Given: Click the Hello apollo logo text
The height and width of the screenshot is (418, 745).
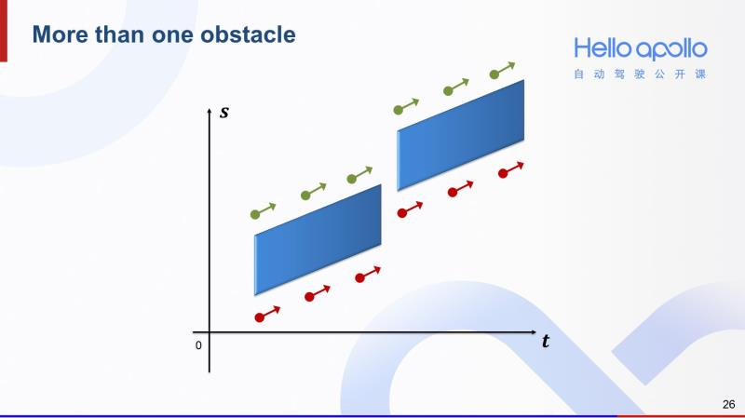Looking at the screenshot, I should point(640,49).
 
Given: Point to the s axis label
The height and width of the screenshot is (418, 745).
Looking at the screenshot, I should point(223,114).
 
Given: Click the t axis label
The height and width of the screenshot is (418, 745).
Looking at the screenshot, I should point(545,342).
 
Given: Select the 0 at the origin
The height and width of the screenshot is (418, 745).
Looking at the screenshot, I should point(198,345).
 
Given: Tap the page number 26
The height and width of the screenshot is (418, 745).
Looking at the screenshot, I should point(728,404).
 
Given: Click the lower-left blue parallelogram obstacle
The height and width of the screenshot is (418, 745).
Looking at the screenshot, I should point(318,238).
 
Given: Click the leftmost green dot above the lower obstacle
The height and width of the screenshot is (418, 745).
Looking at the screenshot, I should point(255,214).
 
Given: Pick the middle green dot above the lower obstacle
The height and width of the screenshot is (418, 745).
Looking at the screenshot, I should point(305,196).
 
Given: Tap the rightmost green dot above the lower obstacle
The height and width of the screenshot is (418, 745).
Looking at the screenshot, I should point(352,179).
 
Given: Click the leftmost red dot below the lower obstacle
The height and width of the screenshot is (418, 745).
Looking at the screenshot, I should point(260,317).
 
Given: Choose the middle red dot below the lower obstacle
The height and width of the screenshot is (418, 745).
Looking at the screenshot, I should point(310,298).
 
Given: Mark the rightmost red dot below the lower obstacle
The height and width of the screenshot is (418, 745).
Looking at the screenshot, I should point(359,277).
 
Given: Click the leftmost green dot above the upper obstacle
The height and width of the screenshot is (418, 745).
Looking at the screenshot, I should point(399,110).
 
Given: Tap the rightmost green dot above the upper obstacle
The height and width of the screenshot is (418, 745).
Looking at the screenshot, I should point(496,73).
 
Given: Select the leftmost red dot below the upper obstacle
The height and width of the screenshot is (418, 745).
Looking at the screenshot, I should point(402,213).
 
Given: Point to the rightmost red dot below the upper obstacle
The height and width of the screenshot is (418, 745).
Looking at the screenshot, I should point(503,173).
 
